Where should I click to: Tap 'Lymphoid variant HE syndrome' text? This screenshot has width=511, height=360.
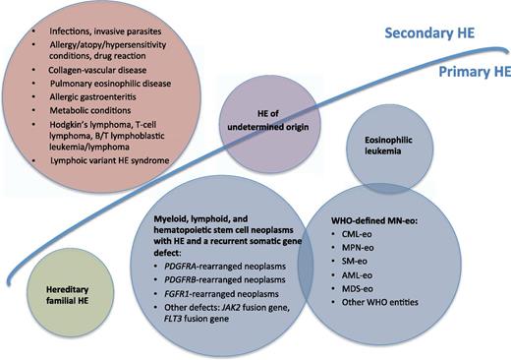tap(111, 187)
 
